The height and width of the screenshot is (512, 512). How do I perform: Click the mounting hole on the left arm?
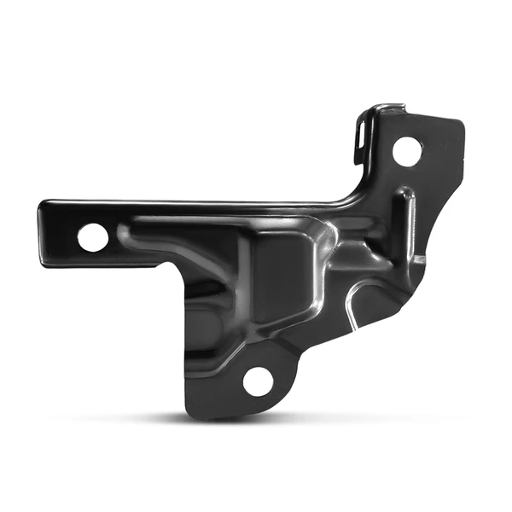pyautogui.click(x=93, y=238)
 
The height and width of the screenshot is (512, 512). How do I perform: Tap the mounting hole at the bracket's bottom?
pyautogui.click(x=258, y=381)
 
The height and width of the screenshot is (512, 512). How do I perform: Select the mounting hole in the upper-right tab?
pyautogui.click(x=406, y=152)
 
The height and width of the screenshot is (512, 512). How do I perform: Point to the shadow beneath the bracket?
pyautogui.click(x=256, y=420)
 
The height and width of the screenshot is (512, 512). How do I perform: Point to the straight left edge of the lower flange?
pyautogui.click(x=184, y=341)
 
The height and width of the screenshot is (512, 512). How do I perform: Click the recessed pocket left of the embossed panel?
pyautogui.click(x=205, y=282)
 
